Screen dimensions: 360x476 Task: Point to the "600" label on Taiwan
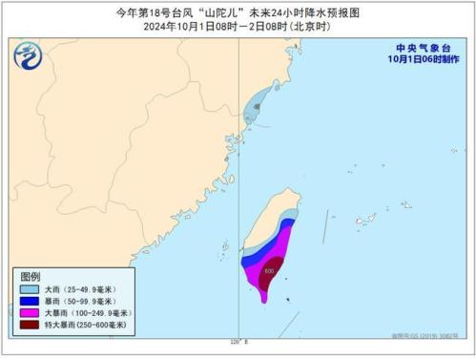269,271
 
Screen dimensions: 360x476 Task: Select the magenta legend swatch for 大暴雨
31,312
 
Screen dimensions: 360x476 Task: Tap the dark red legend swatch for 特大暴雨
31,326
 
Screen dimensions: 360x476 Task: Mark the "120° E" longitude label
238,341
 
